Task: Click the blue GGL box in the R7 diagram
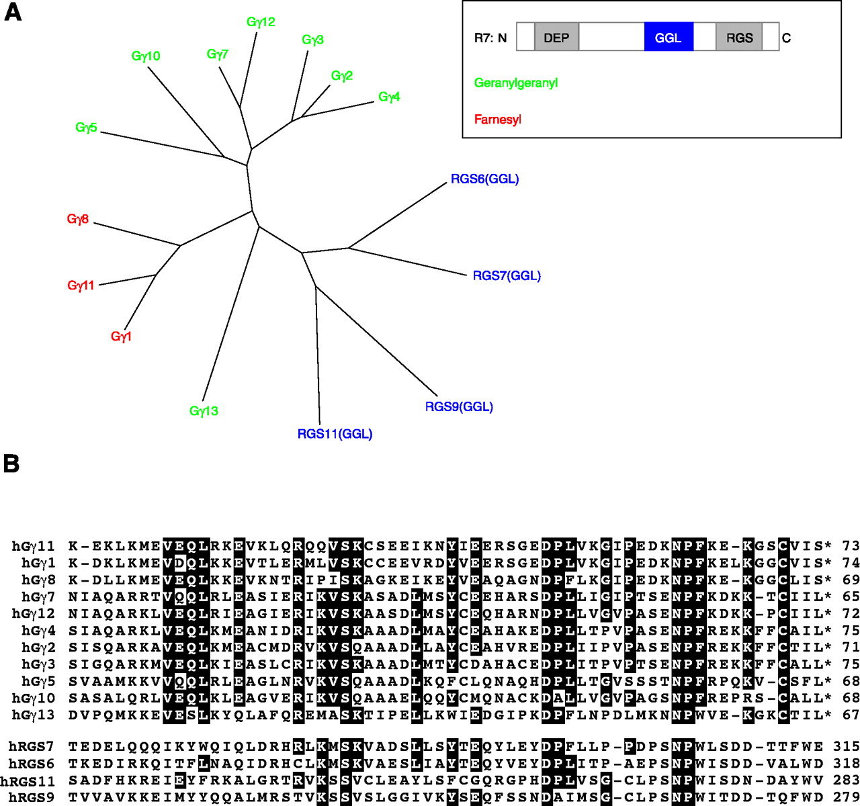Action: [669, 38]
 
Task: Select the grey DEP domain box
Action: [556, 38]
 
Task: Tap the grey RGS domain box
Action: [739, 38]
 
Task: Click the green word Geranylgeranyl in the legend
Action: [516, 83]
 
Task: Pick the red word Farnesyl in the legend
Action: [498, 120]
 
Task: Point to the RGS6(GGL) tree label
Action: [484, 179]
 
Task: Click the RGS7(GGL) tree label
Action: [507, 276]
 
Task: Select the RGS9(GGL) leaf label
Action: [459, 407]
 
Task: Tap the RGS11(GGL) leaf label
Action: [335, 435]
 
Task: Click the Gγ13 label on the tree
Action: [204, 411]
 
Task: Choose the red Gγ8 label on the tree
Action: [78, 220]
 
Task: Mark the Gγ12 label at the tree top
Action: [261, 22]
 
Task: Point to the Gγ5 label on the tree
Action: [87, 128]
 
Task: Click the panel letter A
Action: [12, 12]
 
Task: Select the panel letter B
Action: [11, 464]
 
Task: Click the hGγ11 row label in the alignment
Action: [34, 546]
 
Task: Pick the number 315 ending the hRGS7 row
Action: [847, 746]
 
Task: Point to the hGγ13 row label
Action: [34, 715]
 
